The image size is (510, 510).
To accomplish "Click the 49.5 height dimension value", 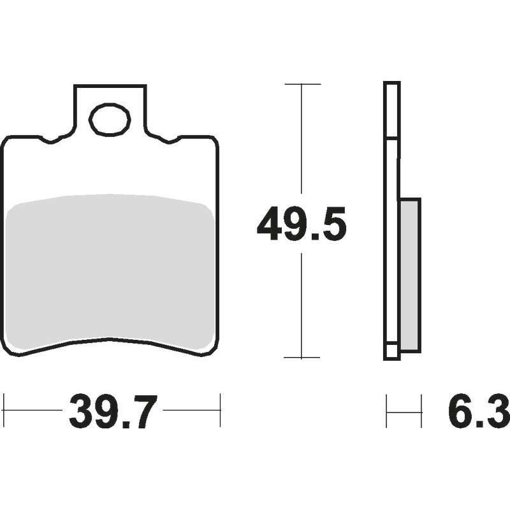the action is [x=302, y=224].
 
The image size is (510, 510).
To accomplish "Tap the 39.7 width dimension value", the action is [x=113, y=412].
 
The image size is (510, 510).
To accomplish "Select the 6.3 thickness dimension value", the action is [x=479, y=412].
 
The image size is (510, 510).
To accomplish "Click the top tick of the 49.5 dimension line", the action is [x=302, y=84].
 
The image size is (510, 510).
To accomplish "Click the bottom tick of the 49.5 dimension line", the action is [x=302, y=358].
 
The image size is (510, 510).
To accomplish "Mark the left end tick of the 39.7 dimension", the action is [x=4, y=410].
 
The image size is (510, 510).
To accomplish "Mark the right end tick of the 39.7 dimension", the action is [x=220, y=410].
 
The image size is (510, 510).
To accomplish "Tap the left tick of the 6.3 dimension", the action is [x=386, y=411].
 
